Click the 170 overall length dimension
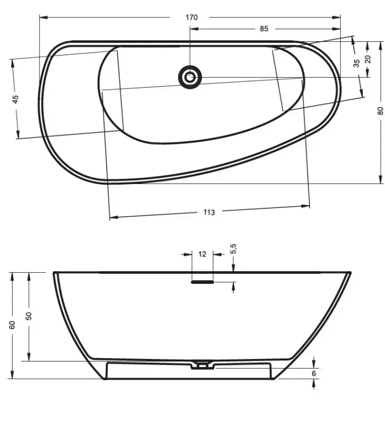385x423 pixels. point(191,17)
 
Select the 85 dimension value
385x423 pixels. point(264,29)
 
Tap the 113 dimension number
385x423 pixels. point(209,212)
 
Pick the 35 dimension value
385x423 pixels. point(356,63)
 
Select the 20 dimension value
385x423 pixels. point(368,58)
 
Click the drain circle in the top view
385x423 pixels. point(190,77)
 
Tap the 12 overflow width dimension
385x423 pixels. point(202,254)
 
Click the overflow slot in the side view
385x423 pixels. point(202,282)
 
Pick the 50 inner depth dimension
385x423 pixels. point(29,315)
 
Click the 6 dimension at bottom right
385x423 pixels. point(314,373)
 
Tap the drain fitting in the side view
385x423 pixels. point(201,364)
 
